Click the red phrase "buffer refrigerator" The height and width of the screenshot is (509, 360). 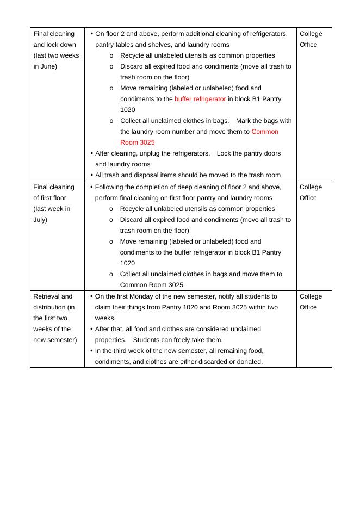click(200, 99)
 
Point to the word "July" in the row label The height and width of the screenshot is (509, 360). click(40, 220)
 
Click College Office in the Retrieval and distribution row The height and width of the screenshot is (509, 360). click(311, 302)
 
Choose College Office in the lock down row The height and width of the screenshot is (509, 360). click(311, 39)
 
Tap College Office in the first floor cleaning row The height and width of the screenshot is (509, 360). click(311, 193)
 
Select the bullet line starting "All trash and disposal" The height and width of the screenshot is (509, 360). click(188, 175)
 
